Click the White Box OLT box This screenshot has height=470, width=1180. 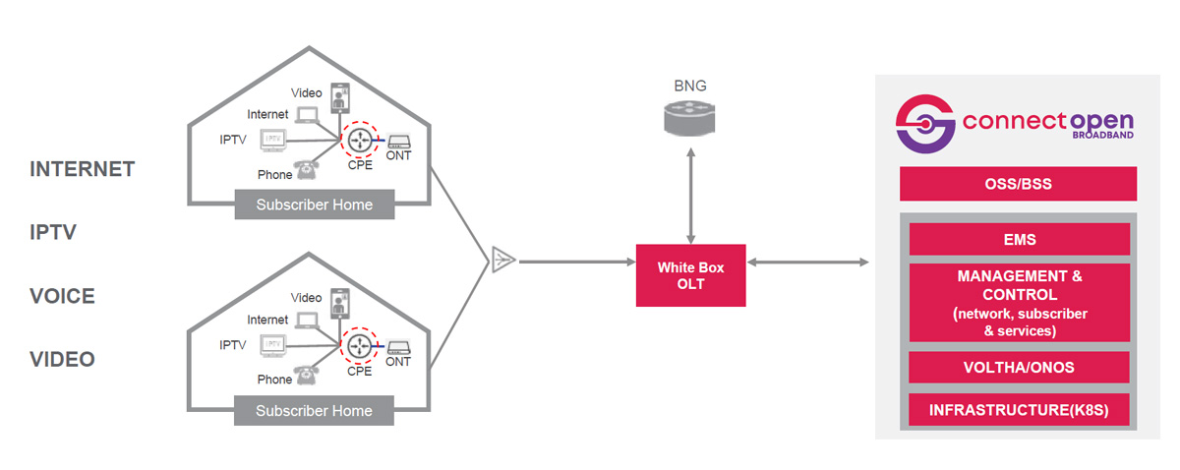(x=689, y=273)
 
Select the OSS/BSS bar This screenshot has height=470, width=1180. (x=1018, y=184)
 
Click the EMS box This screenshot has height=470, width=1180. (x=1018, y=239)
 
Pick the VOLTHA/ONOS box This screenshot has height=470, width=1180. (x=1018, y=368)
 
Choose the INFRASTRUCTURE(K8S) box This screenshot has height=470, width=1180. (x=1018, y=410)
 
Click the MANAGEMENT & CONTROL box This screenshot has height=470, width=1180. (x=1018, y=303)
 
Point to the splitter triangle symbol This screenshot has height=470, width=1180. (x=502, y=262)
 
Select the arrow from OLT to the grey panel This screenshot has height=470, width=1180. (x=808, y=263)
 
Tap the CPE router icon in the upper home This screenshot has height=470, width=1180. (x=358, y=142)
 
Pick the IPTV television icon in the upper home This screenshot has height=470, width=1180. (x=274, y=141)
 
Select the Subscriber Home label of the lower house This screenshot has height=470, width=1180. (x=314, y=410)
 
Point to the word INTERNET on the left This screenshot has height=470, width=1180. (x=82, y=169)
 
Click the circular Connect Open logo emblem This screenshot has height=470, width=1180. (x=925, y=124)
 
